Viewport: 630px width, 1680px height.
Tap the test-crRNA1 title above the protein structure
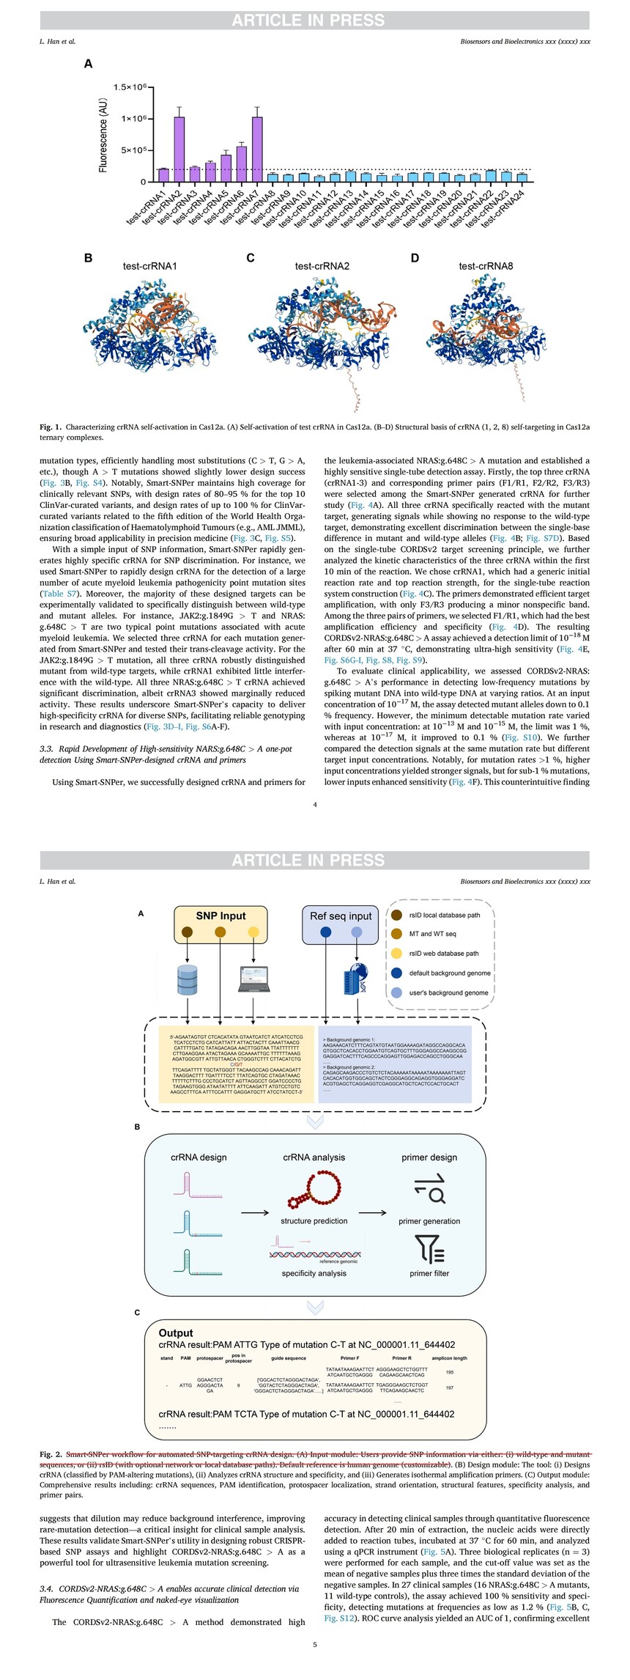(149, 266)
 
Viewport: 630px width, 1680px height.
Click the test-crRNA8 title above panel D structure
(486, 266)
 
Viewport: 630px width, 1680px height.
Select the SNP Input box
(220, 924)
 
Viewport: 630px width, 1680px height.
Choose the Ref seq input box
(341, 924)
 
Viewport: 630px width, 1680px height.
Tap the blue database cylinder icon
(188, 980)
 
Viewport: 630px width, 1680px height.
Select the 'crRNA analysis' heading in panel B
(314, 1157)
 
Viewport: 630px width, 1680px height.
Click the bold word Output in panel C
(176, 1333)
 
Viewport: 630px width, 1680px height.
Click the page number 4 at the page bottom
(315, 806)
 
